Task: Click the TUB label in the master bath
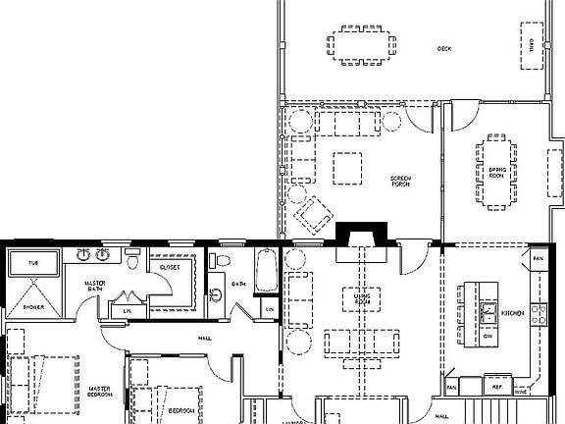[32, 264]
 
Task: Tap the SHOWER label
[32, 307]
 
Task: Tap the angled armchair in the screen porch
[315, 213]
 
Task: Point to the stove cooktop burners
[538, 314]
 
